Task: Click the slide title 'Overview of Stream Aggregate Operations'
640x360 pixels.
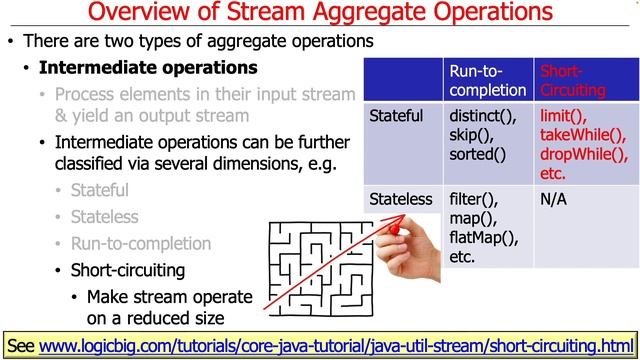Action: coord(319,13)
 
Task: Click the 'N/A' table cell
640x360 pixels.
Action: coord(554,199)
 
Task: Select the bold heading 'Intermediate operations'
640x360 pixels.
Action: coord(148,68)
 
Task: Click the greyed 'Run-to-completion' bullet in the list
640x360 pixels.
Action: coord(141,243)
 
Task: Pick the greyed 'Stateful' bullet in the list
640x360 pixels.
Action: coord(100,189)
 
